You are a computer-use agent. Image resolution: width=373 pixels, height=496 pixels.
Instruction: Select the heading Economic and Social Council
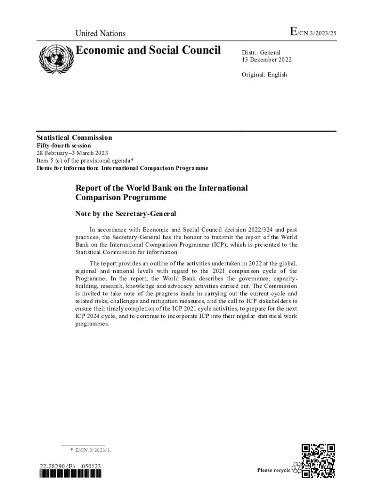148,50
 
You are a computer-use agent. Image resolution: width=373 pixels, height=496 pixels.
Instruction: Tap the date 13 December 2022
266,60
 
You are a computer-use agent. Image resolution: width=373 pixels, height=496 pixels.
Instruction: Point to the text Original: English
264,75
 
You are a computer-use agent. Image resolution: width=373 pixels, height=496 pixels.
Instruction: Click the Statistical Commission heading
75,138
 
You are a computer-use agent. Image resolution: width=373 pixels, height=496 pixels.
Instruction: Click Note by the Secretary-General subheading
125,214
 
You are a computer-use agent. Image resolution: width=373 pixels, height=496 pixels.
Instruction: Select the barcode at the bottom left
71,474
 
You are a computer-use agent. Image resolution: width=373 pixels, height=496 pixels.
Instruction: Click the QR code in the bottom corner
318,461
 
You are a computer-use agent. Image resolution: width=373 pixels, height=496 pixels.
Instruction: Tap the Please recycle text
274,470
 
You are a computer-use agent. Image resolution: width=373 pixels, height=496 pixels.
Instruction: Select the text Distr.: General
261,52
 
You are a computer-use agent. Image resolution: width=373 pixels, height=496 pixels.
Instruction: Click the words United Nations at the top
100,33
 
